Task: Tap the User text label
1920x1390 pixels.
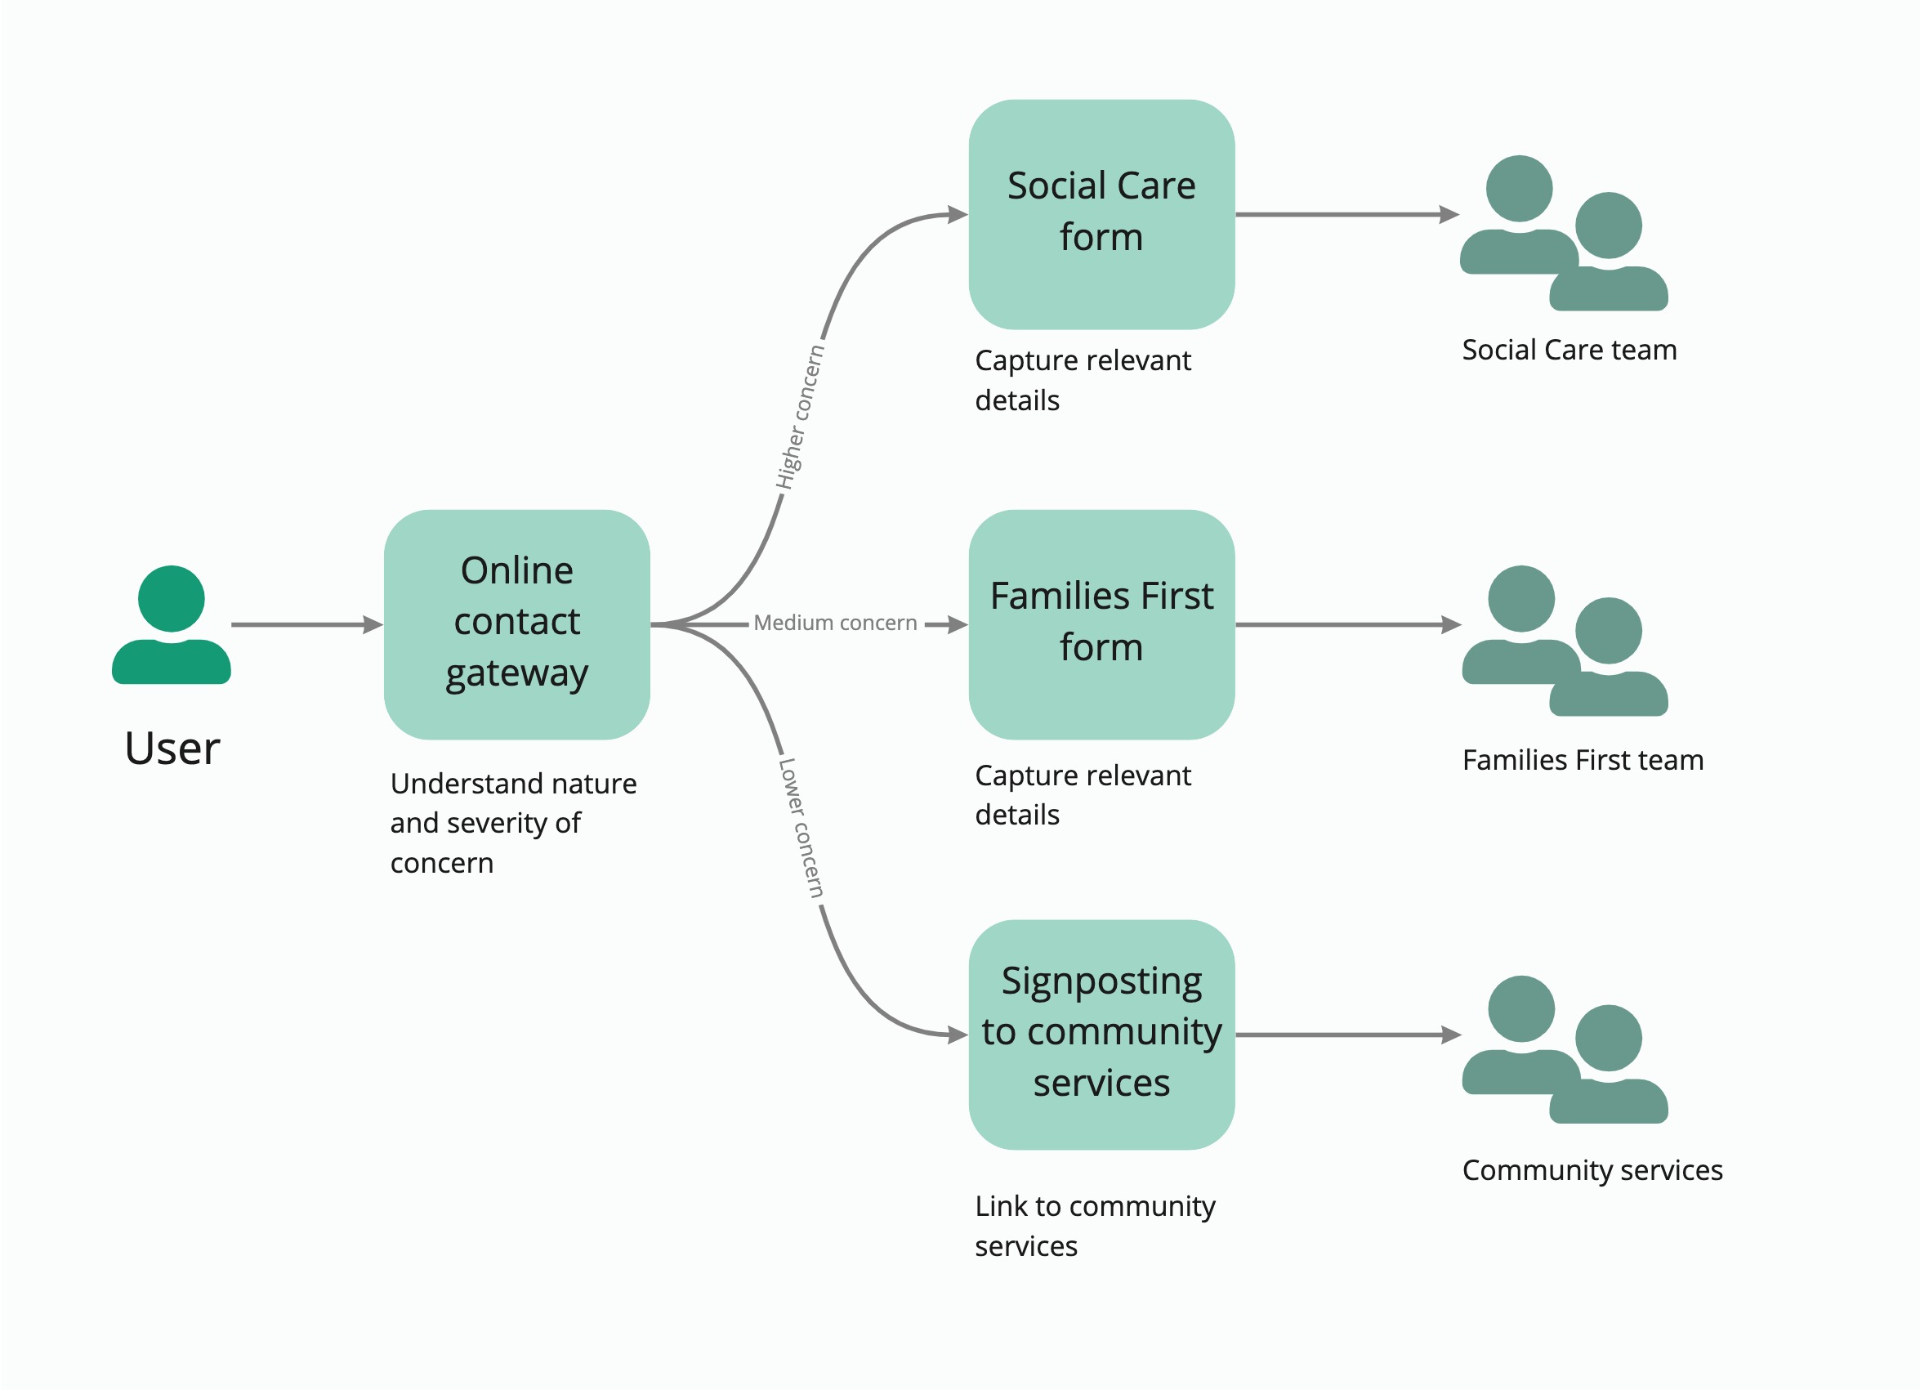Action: coord(172,749)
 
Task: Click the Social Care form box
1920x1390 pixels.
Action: coord(1101,214)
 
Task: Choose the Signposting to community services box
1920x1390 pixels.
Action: coord(1101,1034)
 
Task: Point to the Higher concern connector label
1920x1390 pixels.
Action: coord(800,417)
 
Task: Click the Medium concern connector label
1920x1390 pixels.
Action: coord(835,623)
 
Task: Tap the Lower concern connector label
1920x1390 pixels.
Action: coord(800,828)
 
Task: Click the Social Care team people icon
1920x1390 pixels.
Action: coord(1563,233)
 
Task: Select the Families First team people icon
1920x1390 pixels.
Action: coord(1565,641)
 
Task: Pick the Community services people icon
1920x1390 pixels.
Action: coord(1565,1050)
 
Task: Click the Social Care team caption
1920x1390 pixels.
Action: coord(1569,350)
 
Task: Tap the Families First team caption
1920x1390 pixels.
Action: coord(1583,760)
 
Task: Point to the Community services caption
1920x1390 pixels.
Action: coord(1592,1170)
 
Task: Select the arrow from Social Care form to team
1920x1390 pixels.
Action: coord(1346,215)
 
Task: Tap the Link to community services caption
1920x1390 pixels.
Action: coord(1094,1226)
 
